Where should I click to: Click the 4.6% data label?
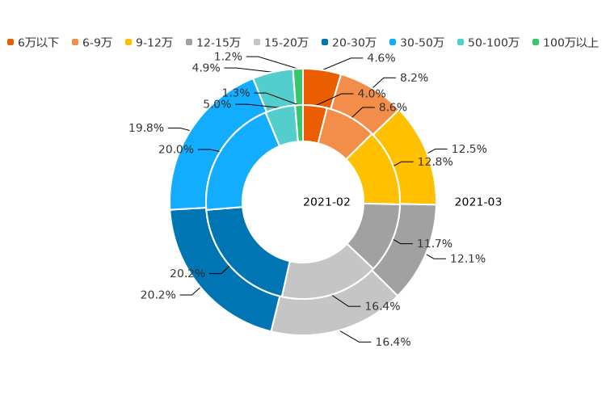click(381, 58)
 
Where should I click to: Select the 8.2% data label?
click(414, 78)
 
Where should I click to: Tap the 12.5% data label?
click(469, 149)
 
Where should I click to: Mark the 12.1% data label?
click(467, 259)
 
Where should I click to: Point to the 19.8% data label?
click(146, 128)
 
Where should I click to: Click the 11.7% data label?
click(434, 243)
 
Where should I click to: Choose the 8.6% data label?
click(393, 107)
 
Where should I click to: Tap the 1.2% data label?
click(228, 57)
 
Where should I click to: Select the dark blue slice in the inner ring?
click(242, 250)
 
